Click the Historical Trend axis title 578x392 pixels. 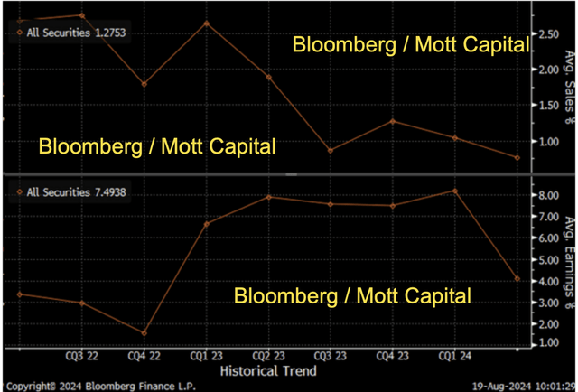pyautogui.click(x=269, y=369)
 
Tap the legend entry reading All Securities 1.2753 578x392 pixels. pyautogui.click(x=67, y=33)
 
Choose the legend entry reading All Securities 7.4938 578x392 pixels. pyautogui.click(x=67, y=191)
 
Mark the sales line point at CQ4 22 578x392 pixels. pyautogui.click(x=144, y=84)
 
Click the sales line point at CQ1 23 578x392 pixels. pyautogui.click(x=207, y=23)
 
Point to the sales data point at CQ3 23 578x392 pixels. pyautogui.click(x=331, y=151)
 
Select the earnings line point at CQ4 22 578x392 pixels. pyautogui.click(x=144, y=333)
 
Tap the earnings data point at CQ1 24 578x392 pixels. pyautogui.click(x=455, y=191)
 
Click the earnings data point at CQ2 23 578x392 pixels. pyautogui.click(x=269, y=197)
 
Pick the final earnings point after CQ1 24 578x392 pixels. pyautogui.click(x=517, y=279)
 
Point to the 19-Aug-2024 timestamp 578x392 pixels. pyautogui.click(x=521, y=385)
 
